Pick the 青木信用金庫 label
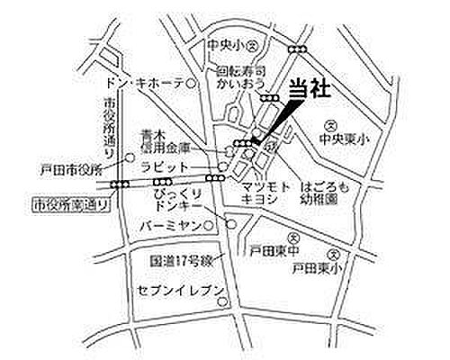coord(166,140)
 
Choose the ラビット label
coord(166,168)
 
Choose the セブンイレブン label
coord(179,292)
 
